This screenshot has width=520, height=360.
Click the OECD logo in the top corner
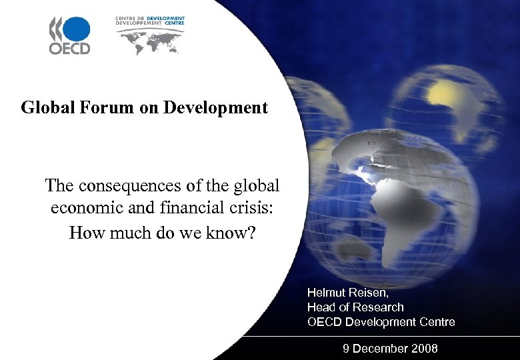(69, 35)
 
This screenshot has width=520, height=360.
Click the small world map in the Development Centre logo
(150, 41)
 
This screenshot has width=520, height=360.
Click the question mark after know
(249, 233)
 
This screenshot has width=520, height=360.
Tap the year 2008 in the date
(425, 349)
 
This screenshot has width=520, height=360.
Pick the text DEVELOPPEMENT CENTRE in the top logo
(150, 23)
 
